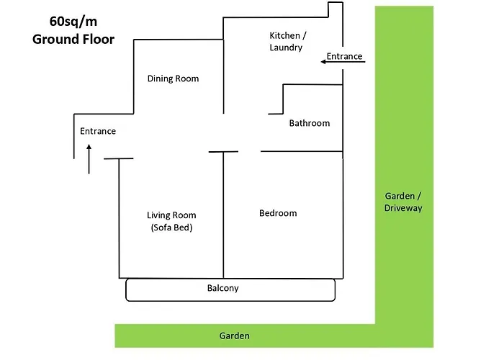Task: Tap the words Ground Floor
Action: point(73,39)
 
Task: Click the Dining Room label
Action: point(173,78)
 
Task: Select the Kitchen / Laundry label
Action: point(286,42)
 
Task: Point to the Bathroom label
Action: point(310,123)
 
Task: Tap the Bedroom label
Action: point(278,213)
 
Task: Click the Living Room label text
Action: point(171,215)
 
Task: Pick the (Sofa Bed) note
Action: point(171,228)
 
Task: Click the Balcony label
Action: point(222,289)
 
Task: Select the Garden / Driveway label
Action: point(403,202)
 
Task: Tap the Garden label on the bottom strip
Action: point(234,336)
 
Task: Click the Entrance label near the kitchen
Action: point(344,56)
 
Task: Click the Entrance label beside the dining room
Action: point(98,131)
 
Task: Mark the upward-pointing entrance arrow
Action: point(89,158)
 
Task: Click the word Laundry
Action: point(286,48)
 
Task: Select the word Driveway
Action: point(403,208)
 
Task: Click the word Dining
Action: point(160,78)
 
